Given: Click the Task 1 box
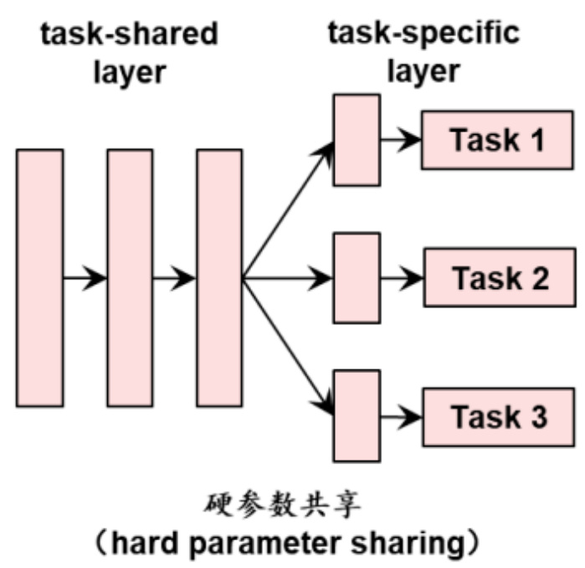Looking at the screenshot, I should tap(497, 139).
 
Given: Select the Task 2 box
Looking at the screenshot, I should tap(500, 277).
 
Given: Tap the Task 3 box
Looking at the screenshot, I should tap(497, 416).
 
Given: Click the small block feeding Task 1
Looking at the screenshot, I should tap(357, 139).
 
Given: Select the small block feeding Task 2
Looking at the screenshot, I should tap(357, 277).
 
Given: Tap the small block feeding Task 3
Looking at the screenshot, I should tap(357, 416).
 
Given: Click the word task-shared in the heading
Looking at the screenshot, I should tap(130, 35).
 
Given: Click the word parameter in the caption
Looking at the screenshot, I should tap(281, 544).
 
